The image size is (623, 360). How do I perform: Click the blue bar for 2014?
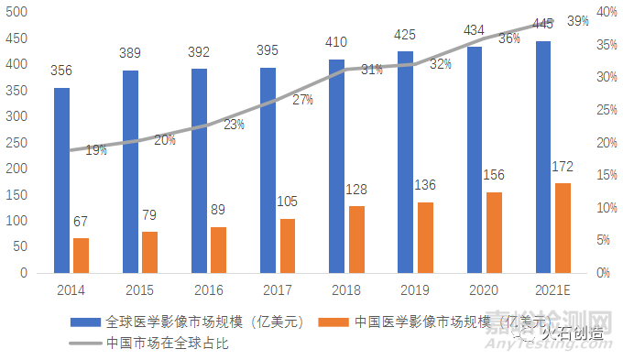61,180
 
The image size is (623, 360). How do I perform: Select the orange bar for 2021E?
563,228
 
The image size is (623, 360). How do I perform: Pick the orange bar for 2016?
219,250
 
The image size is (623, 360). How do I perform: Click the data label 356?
62,70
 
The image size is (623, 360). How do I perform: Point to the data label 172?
563,167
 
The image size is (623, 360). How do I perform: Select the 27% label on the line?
302,100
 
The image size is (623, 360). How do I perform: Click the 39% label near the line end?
577,20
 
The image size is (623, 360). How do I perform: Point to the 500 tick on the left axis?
17,12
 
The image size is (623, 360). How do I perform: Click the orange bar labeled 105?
288,245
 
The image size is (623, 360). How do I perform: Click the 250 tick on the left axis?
17,143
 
